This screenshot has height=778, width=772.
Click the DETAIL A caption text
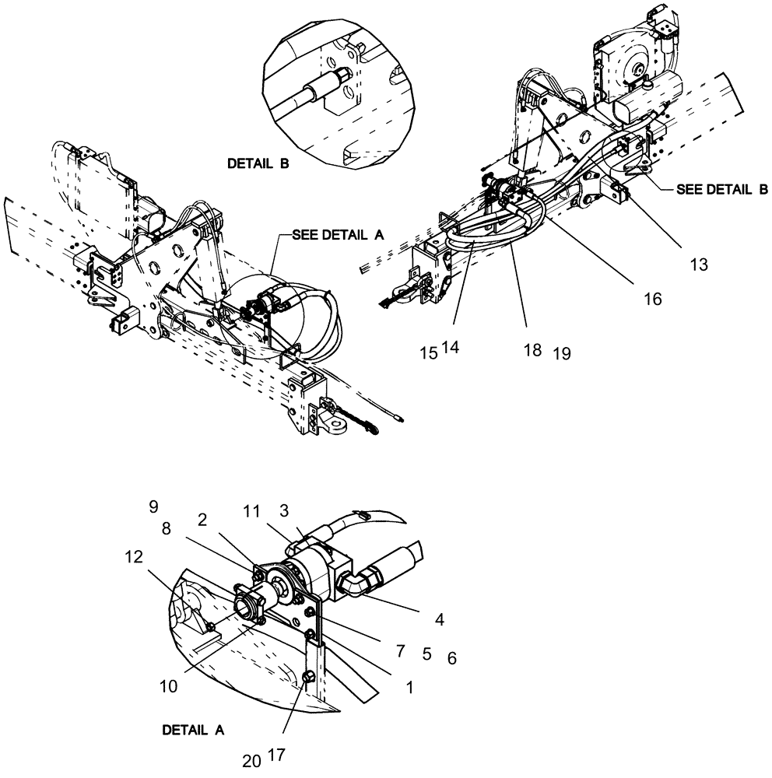[193, 731]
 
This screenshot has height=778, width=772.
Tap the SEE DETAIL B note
[722, 189]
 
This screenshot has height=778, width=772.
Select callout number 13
[698, 265]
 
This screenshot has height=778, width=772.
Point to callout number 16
[653, 299]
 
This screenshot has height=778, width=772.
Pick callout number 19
[562, 352]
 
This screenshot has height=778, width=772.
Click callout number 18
[532, 351]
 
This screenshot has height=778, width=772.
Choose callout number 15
[428, 352]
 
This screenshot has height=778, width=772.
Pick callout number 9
[153, 507]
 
